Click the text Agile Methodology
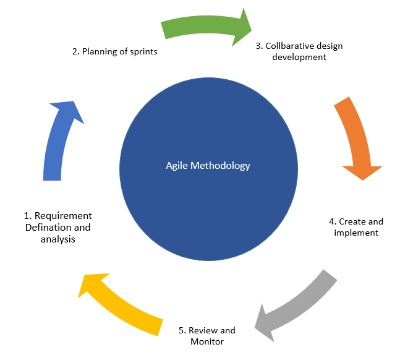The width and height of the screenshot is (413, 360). click(x=208, y=166)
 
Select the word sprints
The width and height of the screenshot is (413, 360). click(x=142, y=52)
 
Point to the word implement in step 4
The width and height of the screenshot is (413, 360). click(x=356, y=233)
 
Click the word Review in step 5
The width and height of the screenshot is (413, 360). click(x=203, y=330)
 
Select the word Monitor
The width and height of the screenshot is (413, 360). click(x=207, y=341)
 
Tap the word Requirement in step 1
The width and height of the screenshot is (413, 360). click(x=63, y=216)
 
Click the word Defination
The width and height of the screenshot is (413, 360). click(x=49, y=227)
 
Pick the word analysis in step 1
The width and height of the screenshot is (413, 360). click(x=58, y=239)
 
